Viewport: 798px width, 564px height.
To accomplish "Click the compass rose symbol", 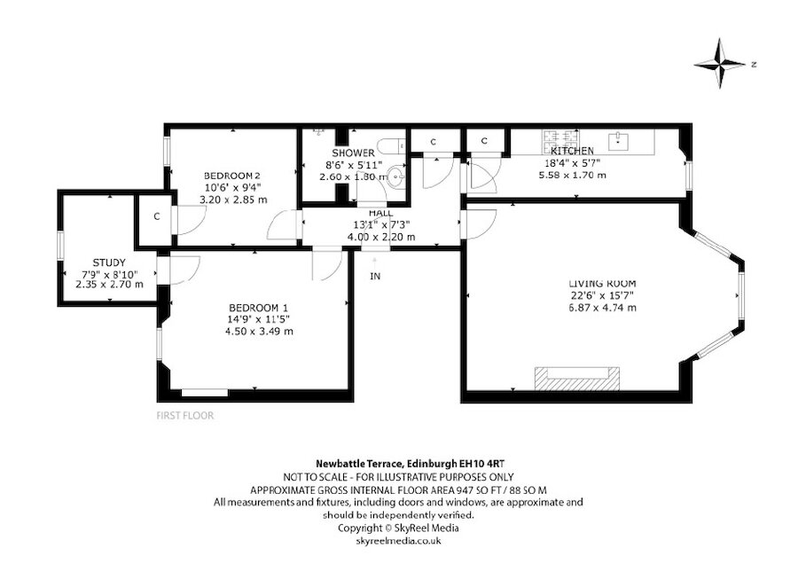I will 722,65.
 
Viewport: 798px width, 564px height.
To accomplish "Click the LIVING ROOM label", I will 602,283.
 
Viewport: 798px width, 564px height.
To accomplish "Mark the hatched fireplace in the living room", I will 575,377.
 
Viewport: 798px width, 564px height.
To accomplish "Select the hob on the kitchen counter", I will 556,138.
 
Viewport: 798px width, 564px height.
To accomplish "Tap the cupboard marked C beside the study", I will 155,215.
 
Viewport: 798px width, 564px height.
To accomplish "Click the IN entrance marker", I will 375,276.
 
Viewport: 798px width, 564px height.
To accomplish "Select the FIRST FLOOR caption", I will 184,415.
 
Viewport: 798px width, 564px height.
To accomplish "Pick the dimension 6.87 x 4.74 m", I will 602,307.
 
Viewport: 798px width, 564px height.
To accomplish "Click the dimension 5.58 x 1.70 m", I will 572,176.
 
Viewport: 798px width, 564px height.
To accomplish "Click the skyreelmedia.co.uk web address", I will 398,539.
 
